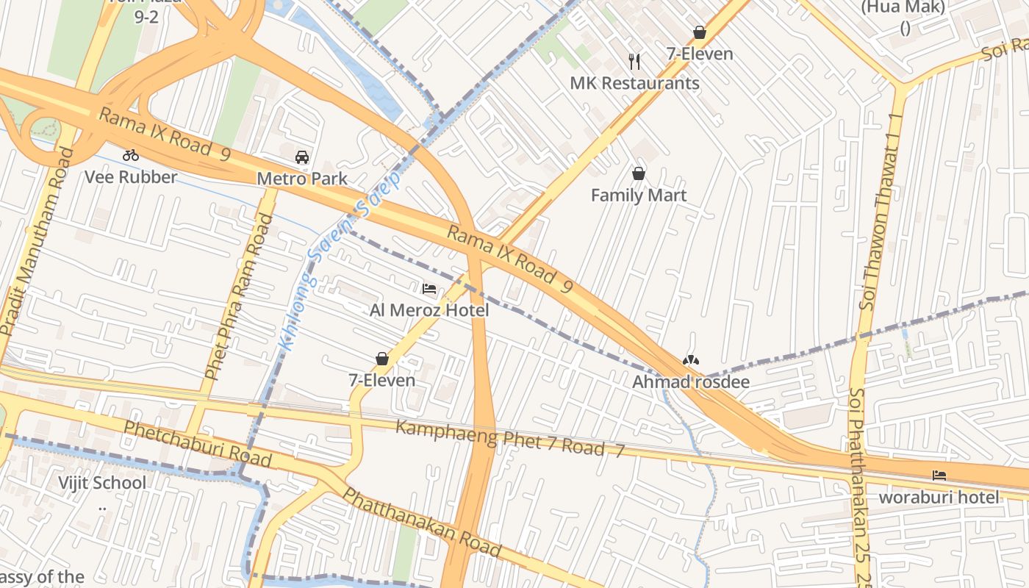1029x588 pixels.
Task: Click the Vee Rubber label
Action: pyautogui.click(x=131, y=177)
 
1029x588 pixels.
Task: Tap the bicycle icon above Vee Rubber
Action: pyautogui.click(x=131, y=155)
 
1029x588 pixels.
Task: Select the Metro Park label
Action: pyautogui.click(x=302, y=179)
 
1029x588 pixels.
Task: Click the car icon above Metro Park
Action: pyautogui.click(x=302, y=157)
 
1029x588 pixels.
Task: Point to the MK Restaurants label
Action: pyautogui.click(x=635, y=83)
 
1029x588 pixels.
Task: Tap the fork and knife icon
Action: pyautogui.click(x=635, y=61)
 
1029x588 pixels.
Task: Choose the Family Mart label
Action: pyautogui.click(x=639, y=195)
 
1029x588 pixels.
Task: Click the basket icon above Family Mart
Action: pyautogui.click(x=639, y=173)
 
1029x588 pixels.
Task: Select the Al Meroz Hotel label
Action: pyautogui.click(x=429, y=310)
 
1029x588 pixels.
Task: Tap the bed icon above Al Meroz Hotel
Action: pyautogui.click(x=429, y=288)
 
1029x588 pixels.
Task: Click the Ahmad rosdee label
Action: pyautogui.click(x=691, y=381)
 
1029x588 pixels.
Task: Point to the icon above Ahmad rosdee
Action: pyautogui.click(x=691, y=360)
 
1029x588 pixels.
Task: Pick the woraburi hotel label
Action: pyautogui.click(x=939, y=497)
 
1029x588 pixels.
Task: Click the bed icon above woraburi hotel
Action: pyautogui.click(x=939, y=476)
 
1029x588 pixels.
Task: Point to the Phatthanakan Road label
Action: pyautogui.click(x=423, y=523)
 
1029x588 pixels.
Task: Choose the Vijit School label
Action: pyautogui.click(x=102, y=483)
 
